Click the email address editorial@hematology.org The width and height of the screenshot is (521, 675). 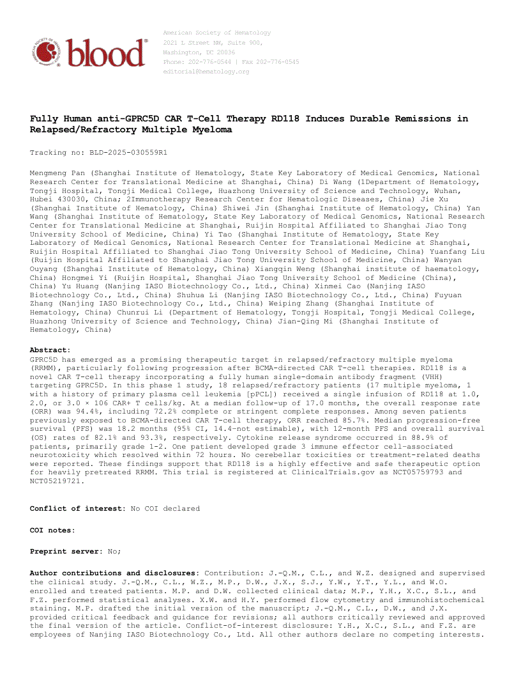click(x=206, y=72)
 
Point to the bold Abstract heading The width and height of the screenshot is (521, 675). click(x=50, y=350)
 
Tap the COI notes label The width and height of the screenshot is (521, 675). click(x=52, y=530)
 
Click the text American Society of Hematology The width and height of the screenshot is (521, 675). click(x=217, y=33)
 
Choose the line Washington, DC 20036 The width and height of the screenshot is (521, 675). click(x=199, y=52)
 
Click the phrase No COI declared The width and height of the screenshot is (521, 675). click(x=165, y=508)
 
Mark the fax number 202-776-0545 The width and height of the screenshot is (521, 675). click(x=278, y=62)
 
